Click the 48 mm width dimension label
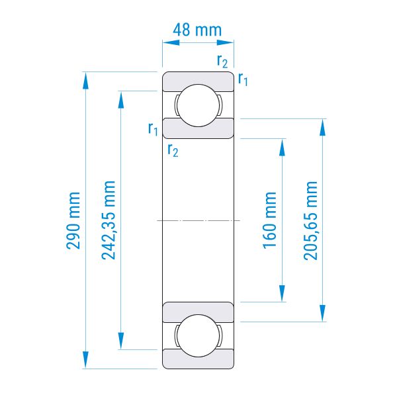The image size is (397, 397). point(197,30)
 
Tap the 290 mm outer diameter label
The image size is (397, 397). point(73,220)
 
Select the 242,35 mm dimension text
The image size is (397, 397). point(109,220)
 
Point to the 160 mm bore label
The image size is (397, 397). point(270,220)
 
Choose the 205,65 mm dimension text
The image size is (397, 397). point(310,220)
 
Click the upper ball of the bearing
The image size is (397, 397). point(198,105)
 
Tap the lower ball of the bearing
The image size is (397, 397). point(198,335)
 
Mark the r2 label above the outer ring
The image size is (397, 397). point(222,62)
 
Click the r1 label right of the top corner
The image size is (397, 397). point(243,79)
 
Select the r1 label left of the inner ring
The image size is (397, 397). point(153,129)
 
